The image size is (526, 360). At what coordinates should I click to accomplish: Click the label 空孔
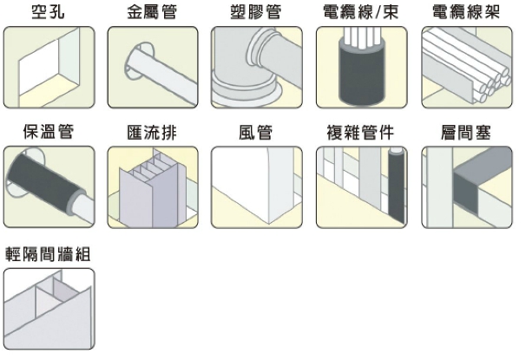49,13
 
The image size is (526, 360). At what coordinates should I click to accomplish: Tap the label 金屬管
153,13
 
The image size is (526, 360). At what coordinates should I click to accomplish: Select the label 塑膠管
257,13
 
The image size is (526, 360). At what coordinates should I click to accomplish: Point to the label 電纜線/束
359,13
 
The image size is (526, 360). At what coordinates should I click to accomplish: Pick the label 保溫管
49,133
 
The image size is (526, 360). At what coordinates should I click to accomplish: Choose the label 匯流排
153,133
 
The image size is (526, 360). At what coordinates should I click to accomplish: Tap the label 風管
257,133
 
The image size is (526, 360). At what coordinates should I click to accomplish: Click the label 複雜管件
359,133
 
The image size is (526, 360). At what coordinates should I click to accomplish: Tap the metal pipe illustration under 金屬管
161,69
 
